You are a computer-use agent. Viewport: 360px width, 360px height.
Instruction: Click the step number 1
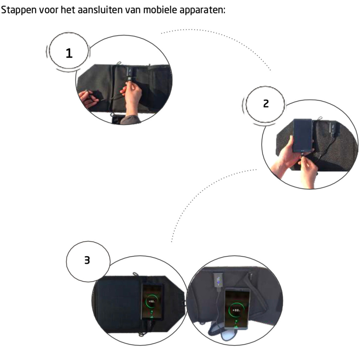tap(69, 53)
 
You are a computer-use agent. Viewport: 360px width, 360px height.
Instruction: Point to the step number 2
tap(266, 103)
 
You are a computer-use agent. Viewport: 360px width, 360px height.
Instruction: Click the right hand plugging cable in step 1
tap(132, 95)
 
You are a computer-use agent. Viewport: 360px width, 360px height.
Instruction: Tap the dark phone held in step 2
tap(303, 135)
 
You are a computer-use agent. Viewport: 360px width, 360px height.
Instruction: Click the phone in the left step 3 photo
tap(153, 301)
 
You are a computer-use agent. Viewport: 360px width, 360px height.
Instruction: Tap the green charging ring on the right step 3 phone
tap(236, 311)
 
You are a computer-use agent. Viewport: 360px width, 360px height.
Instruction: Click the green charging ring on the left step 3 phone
tap(152, 301)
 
